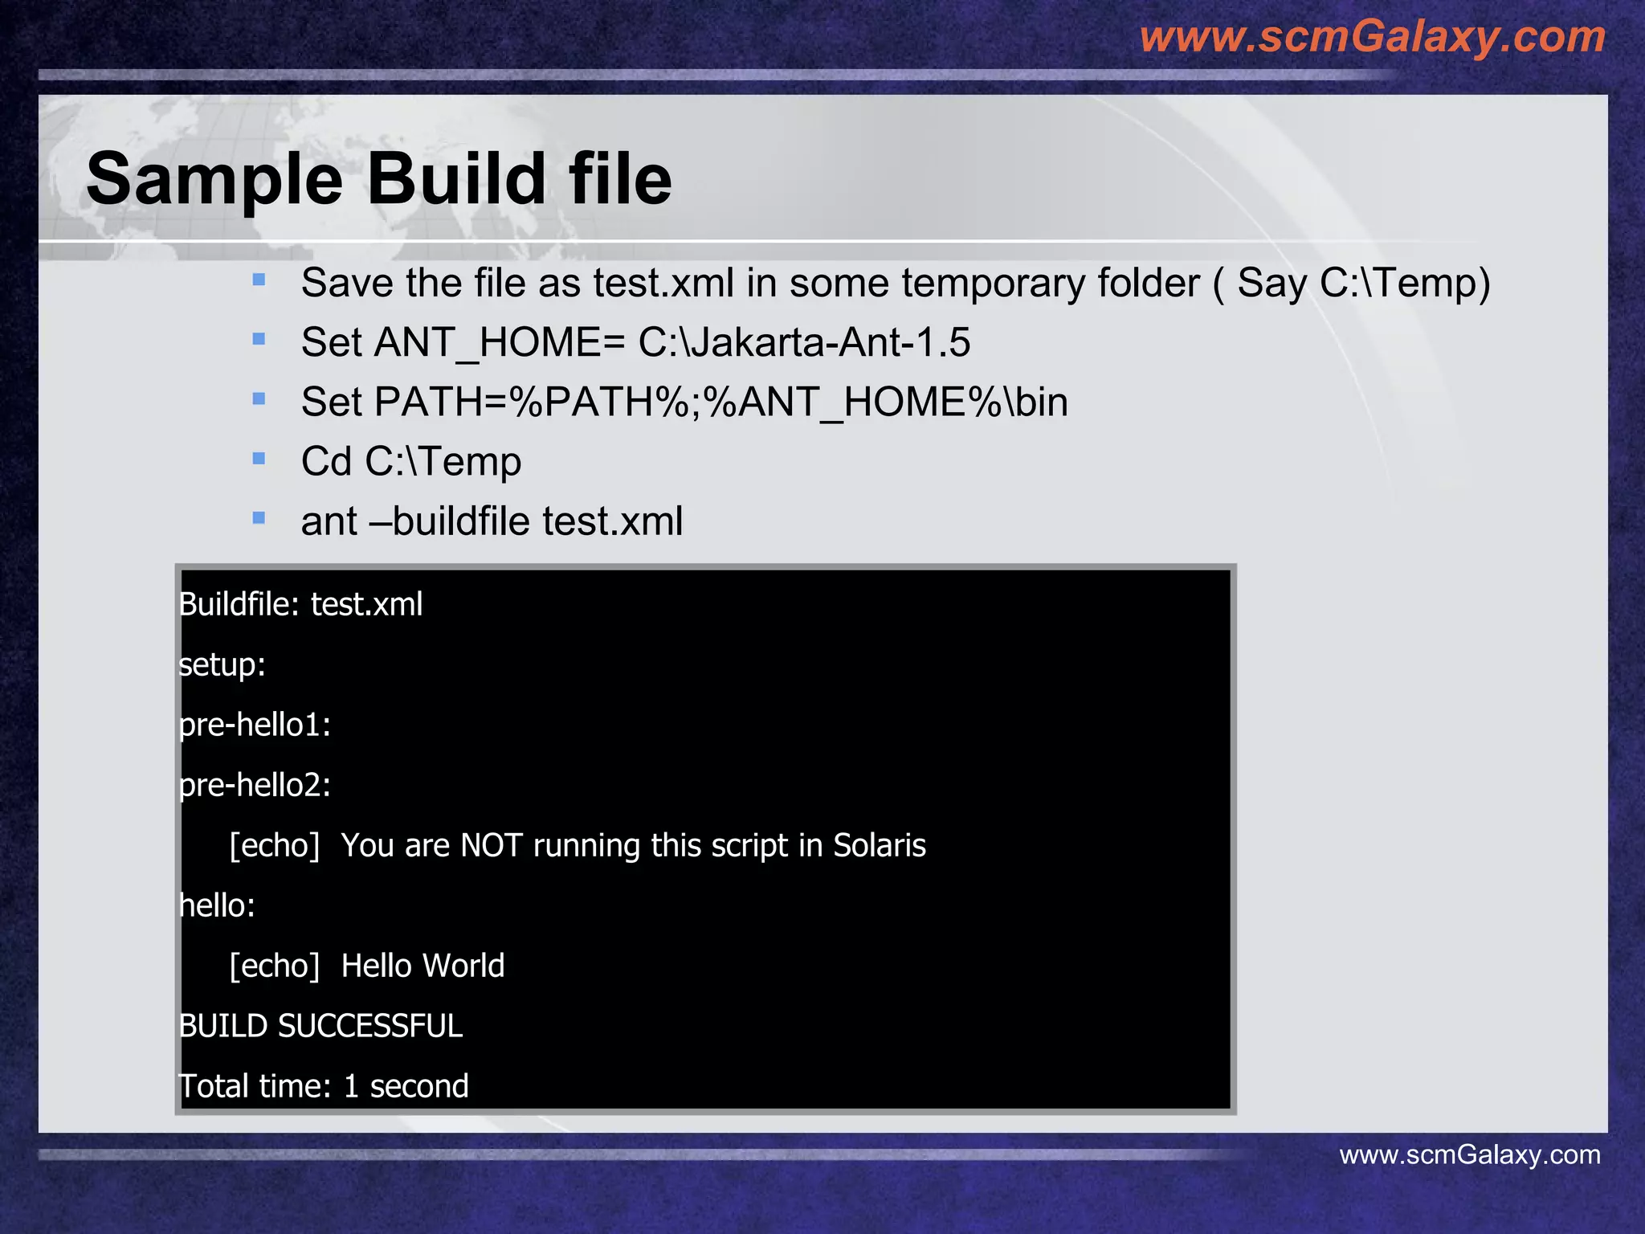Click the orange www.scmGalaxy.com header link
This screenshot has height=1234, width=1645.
(1372, 37)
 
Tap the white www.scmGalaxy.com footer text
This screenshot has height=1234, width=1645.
(1469, 1154)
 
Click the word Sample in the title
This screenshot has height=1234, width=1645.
(214, 179)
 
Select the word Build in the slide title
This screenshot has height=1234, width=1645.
(456, 179)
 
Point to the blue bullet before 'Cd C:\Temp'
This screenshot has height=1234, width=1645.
(259, 459)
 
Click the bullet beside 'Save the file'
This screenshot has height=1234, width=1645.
(259, 280)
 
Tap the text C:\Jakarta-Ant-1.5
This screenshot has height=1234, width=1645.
(804, 342)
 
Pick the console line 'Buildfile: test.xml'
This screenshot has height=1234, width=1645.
(300, 604)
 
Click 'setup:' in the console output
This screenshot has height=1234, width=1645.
(222, 664)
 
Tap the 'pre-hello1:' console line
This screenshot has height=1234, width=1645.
(255, 725)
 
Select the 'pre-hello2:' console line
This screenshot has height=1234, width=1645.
(255, 785)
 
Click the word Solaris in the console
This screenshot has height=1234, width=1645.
(879, 845)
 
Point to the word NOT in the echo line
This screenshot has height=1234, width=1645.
(491, 845)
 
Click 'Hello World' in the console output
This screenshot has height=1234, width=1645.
(422, 966)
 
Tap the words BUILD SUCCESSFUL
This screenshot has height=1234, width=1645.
(320, 1026)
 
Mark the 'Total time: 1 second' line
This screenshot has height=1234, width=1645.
(323, 1086)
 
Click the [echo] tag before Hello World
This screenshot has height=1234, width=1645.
(274, 966)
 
